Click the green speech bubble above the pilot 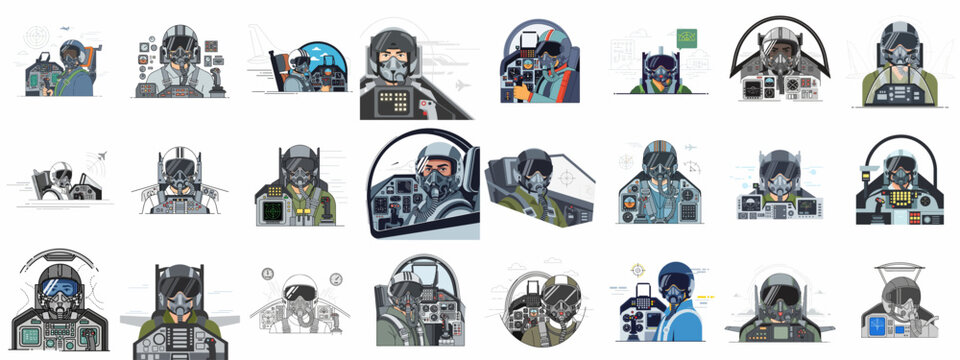687,38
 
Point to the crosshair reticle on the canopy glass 566,179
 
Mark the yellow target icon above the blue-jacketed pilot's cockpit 637,270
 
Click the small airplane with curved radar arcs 97,157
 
